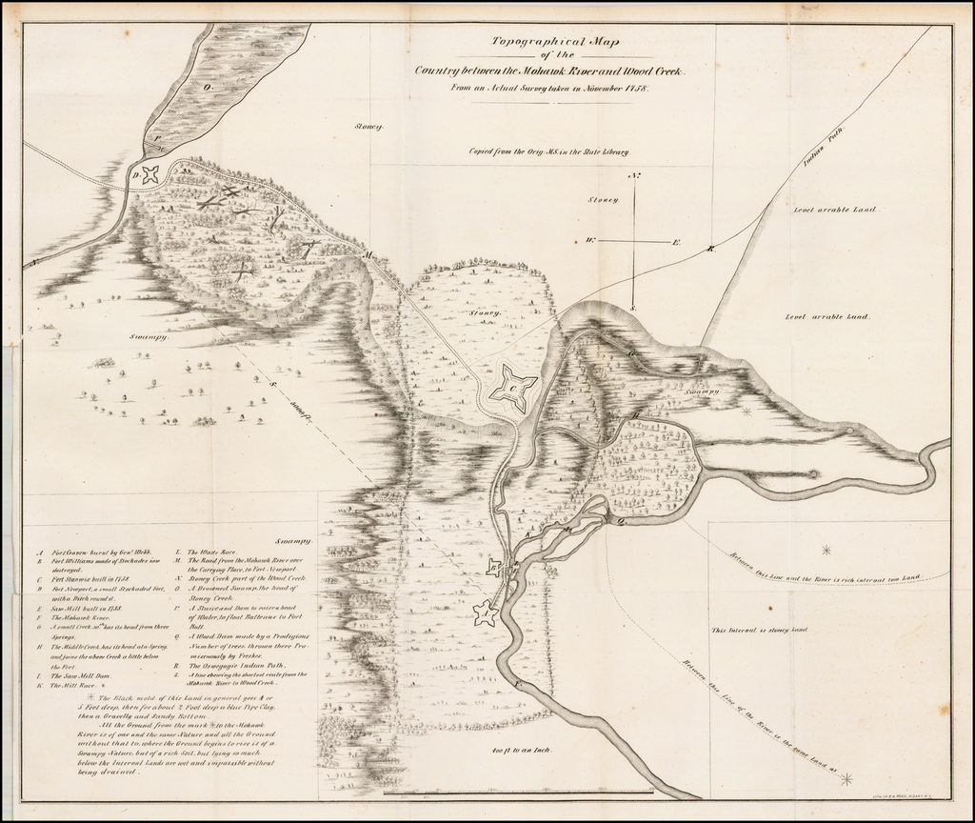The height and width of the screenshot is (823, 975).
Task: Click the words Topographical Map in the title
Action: [x=547, y=41]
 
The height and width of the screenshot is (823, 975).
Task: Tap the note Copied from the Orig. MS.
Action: [x=547, y=151]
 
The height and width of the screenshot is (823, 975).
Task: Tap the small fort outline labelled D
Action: [x=149, y=174]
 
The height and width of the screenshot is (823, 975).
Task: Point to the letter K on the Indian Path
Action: [x=710, y=250]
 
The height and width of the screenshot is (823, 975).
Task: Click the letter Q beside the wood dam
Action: [x=621, y=521]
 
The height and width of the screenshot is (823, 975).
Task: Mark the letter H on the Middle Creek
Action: [x=635, y=415]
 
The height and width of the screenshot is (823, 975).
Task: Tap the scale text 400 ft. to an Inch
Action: [x=523, y=750]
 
